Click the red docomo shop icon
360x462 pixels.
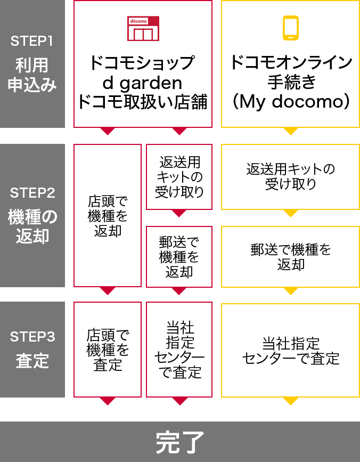tap(143, 28)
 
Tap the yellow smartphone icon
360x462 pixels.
tap(290, 28)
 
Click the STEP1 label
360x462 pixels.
tap(32, 41)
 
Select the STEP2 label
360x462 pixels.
tap(32, 192)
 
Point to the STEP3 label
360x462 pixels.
tap(32, 336)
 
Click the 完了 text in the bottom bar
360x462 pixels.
tap(180, 442)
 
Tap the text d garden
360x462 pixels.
tap(142, 83)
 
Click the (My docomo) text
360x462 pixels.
tap(290, 101)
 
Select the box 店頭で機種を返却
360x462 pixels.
tap(108, 216)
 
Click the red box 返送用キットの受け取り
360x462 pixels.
tap(179, 177)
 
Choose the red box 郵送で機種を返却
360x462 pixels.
tap(179, 257)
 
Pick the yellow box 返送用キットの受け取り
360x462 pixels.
tap(290, 177)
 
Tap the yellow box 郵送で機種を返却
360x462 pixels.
tap(290, 257)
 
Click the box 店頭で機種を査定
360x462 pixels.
tap(108, 350)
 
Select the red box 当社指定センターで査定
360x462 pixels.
tap(179, 350)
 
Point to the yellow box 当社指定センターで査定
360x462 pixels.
tap(290, 350)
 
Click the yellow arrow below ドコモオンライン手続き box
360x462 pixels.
tap(290, 131)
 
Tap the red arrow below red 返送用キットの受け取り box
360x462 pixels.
tap(179, 213)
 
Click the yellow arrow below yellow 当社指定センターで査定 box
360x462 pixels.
tap(290, 401)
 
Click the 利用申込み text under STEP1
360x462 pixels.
tap(32, 75)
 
